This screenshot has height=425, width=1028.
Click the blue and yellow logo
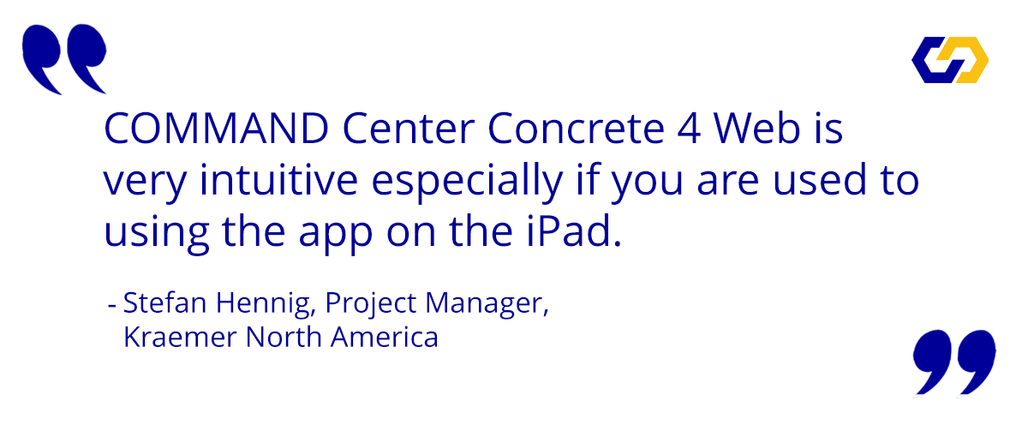[x=950, y=60]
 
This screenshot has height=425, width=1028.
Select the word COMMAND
[x=217, y=129]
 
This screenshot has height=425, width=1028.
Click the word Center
[x=409, y=129]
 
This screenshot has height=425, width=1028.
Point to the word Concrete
[x=576, y=129]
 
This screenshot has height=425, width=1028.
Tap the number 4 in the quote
[x=689, y=129]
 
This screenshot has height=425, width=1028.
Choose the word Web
[x=757, y=129]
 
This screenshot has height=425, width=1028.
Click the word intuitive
[x=278, y=180]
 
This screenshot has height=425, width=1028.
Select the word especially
[x=467, y=183]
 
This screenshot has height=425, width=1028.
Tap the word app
[x=336, y=235]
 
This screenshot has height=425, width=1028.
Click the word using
[x=157, y=234]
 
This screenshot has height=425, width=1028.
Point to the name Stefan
[x=164, y=303]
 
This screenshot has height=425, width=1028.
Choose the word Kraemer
[x=180, y=338]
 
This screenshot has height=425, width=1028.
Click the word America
[x=385, y=338]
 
